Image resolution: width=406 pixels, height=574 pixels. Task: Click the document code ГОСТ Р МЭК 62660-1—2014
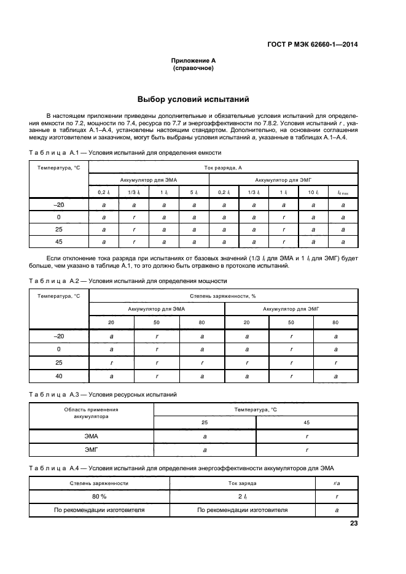(x=313, y=44)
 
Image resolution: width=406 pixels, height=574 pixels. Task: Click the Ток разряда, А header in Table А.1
(x=223, y=167)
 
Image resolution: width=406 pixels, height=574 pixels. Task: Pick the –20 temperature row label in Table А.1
(x=59, y=204)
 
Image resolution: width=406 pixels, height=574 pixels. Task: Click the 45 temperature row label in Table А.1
(x=59, y=241)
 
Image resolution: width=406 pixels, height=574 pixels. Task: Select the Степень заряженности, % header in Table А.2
(x=223, y=297)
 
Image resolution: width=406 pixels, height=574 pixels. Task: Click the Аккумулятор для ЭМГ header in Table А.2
(x=291, y=309)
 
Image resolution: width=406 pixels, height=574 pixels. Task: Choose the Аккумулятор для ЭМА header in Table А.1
(x=149, y=179)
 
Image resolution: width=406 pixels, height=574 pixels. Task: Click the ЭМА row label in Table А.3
(x=92, y=436)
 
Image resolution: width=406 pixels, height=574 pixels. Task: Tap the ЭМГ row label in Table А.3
(x=92, y=450)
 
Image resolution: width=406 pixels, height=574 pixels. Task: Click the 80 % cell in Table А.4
(x=92, y=496)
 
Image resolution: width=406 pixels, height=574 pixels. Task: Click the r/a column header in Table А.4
(x=337, y=483)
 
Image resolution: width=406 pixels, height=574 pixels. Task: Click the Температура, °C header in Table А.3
(x=256, y=408)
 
